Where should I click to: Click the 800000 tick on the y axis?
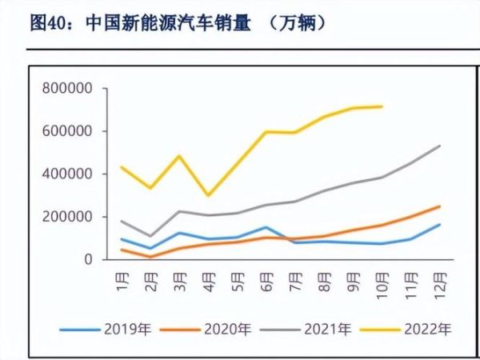click(66, 88)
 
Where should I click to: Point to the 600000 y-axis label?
click(66, 131)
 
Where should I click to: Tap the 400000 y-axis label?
click(66, 174)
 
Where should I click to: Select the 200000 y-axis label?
click(66, 217)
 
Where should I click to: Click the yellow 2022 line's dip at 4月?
click(208, 195)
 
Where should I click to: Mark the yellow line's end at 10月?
click(382, 106)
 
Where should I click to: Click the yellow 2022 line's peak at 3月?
click(179, 156)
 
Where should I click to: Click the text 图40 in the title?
click(46, 23)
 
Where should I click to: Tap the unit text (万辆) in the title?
click(295, 23)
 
